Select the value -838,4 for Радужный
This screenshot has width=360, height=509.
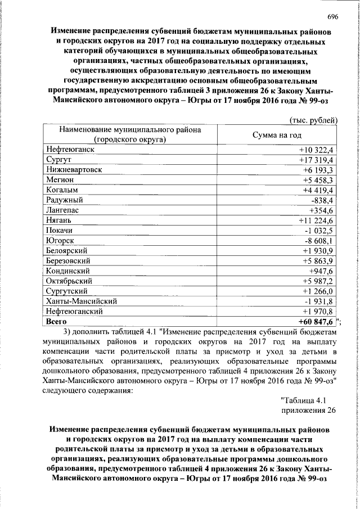coord(322,200)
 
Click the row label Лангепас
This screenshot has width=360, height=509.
coord(63,210)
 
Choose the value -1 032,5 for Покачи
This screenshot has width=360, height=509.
coord(319,230)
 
